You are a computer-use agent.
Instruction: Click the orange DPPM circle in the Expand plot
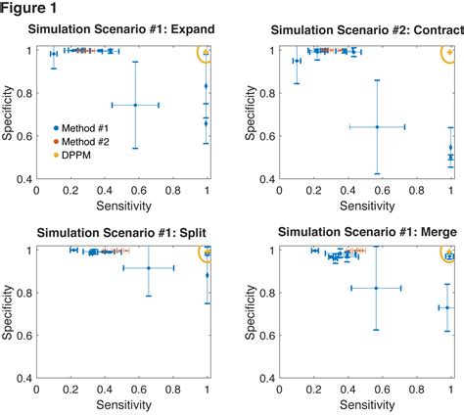(205, 54)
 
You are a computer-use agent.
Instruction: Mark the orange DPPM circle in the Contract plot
(449, 54)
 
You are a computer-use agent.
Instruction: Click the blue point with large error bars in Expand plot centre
(135, 105)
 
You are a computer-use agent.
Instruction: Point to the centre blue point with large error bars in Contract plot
(377, 126)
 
